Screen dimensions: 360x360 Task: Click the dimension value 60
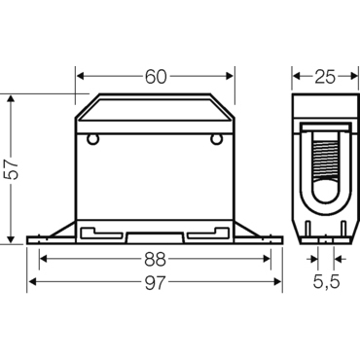[156, 77]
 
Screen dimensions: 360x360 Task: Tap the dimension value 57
[14, 168]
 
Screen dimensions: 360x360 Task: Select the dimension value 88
[155, 259]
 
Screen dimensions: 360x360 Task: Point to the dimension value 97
[155, 282]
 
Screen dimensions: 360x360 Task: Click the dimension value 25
[325, 77]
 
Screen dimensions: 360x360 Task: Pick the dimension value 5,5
[326, 282]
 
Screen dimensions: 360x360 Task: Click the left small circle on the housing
[92, 139]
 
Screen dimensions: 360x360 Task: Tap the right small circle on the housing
[216, 139]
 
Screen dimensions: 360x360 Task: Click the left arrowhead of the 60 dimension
[81, 77]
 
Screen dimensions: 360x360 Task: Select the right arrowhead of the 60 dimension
[230, 77]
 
